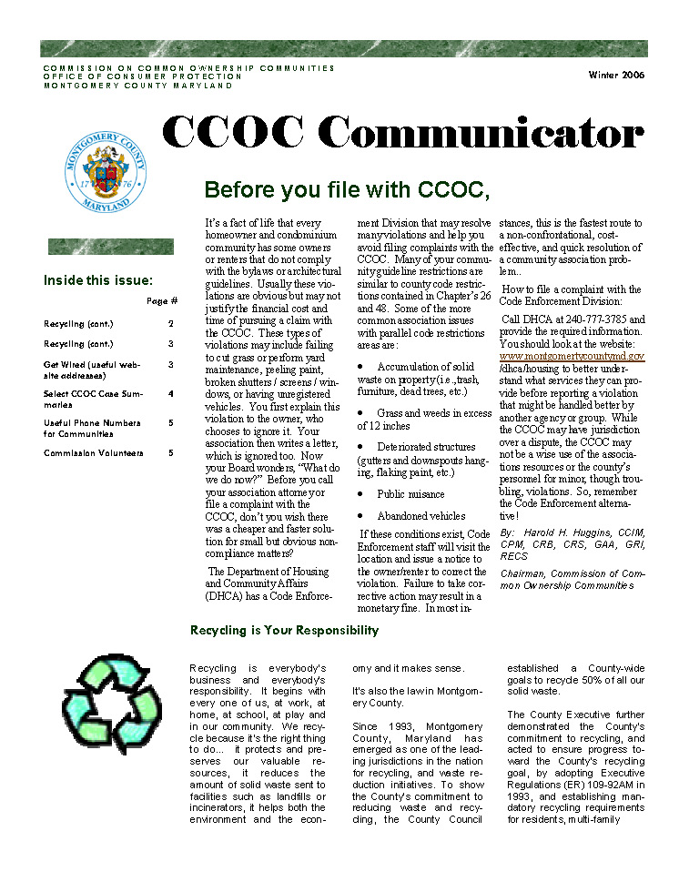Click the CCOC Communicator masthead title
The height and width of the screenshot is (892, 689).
(x=403, y=134)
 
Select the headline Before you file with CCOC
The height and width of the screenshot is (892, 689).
(x=347, y=190)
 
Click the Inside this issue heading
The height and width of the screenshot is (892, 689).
(x=98, y=280)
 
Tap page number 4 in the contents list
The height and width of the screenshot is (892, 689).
(x=170, y=394)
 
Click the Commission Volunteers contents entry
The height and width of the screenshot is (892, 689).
(x=93, y=452)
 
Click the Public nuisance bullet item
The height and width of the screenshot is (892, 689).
(x=410, y=494)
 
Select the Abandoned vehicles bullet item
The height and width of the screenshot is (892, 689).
(x=421, y=516)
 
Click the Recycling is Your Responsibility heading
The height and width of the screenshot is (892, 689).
(x=284, y=630)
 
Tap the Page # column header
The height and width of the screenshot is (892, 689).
(x=161, y=301)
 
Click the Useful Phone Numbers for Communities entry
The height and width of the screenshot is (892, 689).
(x=92, y=428)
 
